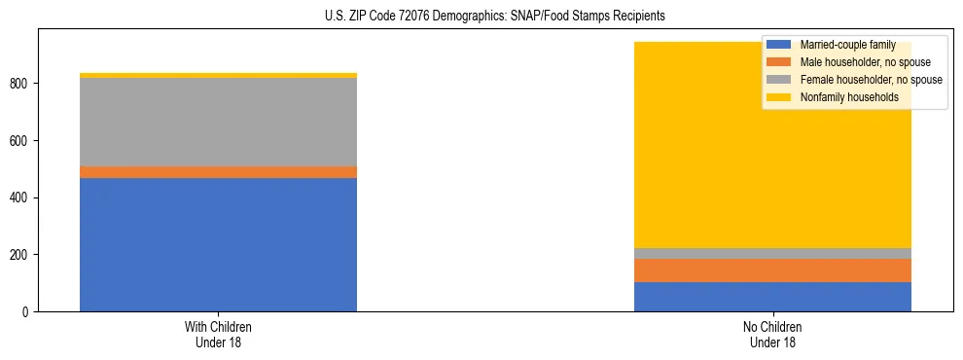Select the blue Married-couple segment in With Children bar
(218, 244)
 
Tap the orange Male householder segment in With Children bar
(218, 172)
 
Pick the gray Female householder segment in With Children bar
(218, 122)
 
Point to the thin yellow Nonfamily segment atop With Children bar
(218, 75)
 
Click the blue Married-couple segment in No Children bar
(772, 297)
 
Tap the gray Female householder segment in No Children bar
(772, 253)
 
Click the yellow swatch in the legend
(779, 97)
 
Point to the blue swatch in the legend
(779, 45)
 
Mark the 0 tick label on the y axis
(29, 311)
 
